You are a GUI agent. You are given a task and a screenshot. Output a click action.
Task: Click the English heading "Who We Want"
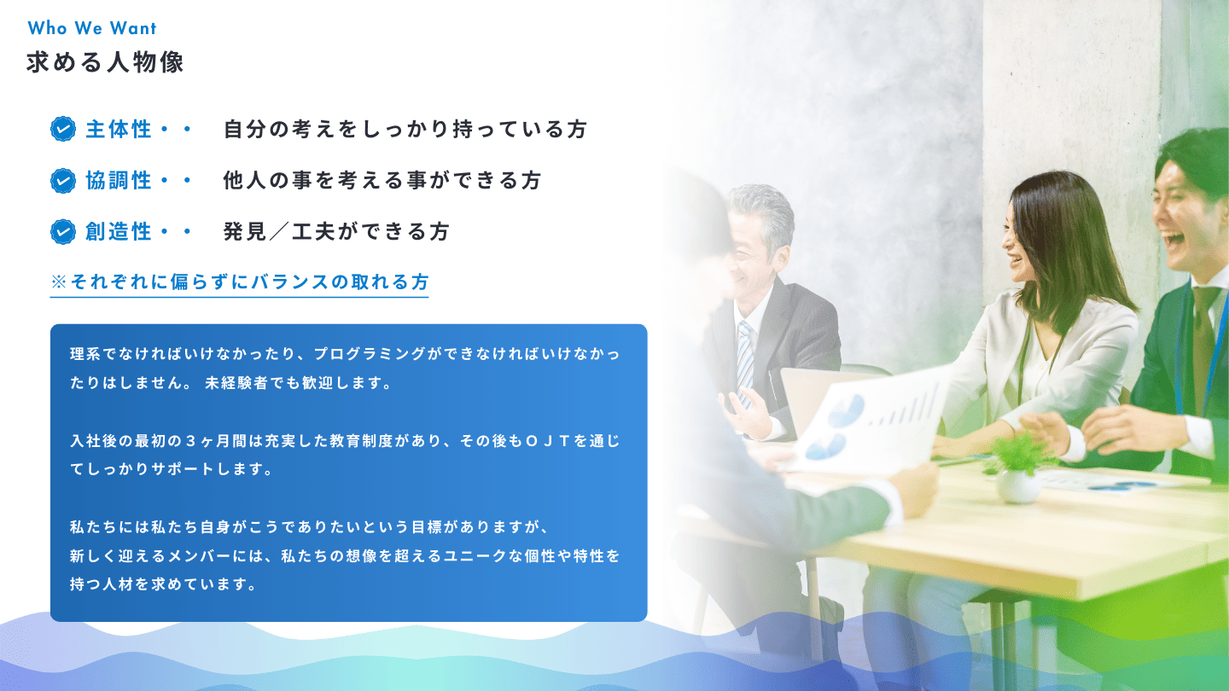point(92,28)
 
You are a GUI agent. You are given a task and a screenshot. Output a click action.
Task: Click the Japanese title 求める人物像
point(105,62)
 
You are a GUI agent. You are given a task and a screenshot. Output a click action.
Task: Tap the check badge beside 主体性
point(63,130)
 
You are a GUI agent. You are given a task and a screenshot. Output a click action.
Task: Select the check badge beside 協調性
point(63,181)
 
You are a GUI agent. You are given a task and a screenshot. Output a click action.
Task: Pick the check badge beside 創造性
point(63,231)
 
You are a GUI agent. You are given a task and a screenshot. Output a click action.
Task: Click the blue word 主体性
point(119,130)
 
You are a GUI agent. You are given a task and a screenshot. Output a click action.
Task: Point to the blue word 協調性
point(119,181)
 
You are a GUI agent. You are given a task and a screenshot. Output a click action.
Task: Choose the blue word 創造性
point(119,231)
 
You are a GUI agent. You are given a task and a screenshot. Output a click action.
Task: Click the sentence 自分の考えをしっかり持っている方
point(405,130)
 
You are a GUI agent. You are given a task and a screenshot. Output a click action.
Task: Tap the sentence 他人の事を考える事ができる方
point(382,181)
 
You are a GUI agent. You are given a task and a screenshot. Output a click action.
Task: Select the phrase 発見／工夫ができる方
point(336,231)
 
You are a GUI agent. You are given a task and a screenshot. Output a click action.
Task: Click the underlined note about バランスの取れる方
point(239,282)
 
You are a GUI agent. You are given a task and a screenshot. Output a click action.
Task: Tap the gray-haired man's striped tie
point(744,362)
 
